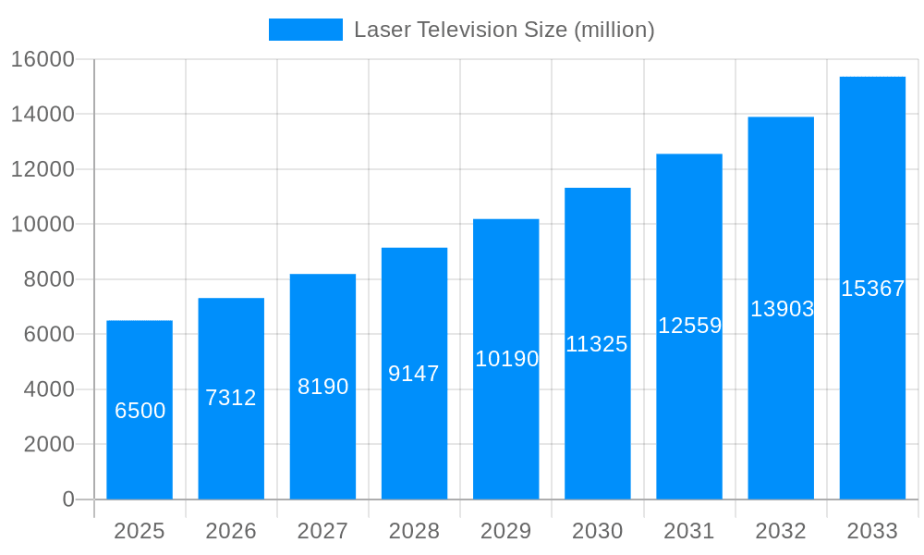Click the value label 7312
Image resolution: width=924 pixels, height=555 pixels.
click(x=231, y=398)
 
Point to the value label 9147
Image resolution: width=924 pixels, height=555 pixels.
click(x=414, y=374)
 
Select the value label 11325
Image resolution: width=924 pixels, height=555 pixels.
click(x=597, y=344)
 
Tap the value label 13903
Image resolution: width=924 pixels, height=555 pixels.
click(x=782, y=309)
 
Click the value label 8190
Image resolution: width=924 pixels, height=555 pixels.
click(x=323, y=387)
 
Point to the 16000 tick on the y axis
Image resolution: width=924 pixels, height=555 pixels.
click(x=43, y=59)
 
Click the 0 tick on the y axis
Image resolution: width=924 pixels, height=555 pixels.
click(x=68, y=499)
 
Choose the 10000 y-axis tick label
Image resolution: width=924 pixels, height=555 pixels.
click(x=43, y=224)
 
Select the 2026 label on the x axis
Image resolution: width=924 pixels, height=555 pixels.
click(x=231, y=531)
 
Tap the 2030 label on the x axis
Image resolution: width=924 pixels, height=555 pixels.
click(x=598, y=531)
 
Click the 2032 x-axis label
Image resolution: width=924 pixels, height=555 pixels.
click(x=781, y=531)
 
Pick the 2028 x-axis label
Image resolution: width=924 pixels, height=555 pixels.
click(x=414, y=531)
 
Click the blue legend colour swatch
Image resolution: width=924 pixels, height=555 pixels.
click(x=306, y=30)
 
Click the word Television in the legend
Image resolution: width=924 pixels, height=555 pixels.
click(x=465, y=30)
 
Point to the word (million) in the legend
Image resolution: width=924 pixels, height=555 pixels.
click(x=614, y=30)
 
